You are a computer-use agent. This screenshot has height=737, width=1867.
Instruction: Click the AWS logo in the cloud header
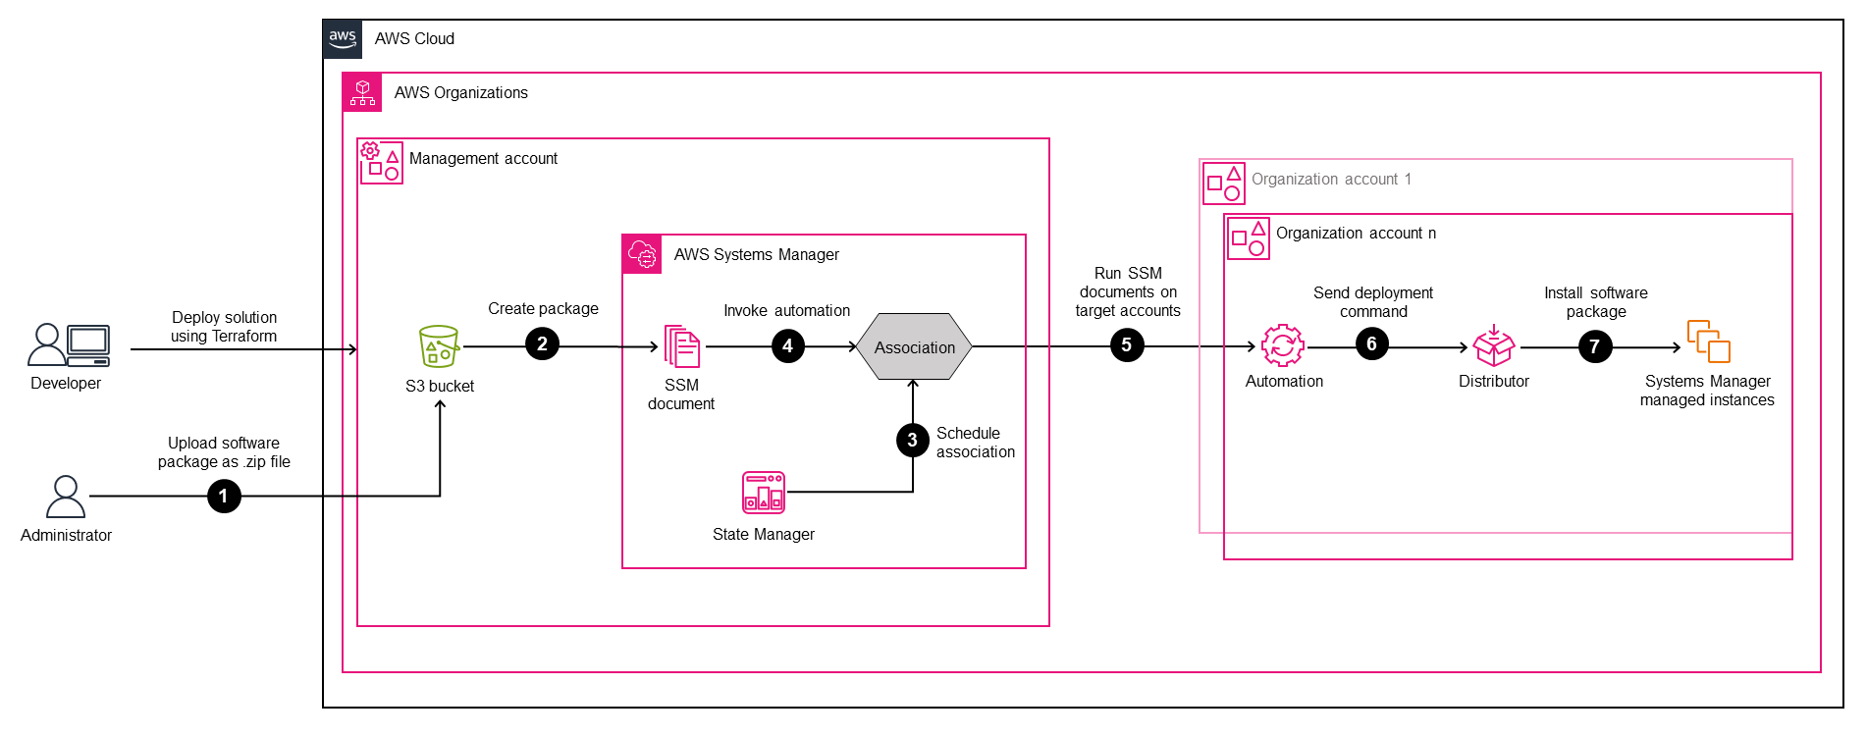343,39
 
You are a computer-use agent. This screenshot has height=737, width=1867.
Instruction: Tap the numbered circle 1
224,497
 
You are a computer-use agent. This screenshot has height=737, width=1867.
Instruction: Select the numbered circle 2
542,344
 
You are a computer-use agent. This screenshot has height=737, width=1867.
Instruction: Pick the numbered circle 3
913,440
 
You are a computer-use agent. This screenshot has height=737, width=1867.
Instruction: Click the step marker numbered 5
1127,345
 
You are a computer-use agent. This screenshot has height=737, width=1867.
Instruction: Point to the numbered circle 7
1595,346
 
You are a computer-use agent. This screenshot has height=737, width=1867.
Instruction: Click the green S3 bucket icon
439,346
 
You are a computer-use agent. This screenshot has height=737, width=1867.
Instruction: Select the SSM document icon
682,346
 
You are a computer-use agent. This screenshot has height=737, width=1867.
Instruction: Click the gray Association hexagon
914,346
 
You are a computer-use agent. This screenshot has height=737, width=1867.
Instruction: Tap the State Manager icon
764,493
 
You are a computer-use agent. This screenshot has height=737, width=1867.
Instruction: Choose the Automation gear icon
1282,345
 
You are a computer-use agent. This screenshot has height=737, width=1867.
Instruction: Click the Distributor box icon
1493,345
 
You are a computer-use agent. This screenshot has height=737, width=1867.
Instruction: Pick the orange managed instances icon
1708,342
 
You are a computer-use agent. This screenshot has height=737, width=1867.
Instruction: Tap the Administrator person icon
66,497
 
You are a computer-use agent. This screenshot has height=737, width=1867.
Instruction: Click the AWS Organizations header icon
362,92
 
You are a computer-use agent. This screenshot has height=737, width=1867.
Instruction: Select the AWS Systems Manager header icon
642,254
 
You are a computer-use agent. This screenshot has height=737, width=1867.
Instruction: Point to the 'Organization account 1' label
1331,180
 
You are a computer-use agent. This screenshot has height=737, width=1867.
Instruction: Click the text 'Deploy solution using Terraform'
224,327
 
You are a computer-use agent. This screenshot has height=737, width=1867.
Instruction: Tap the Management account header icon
381,162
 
